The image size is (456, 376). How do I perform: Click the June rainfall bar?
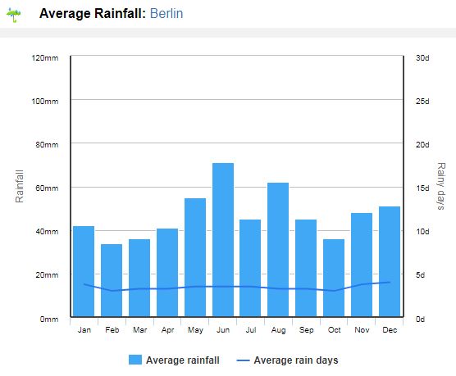pyautogui.click(x=223, y=240)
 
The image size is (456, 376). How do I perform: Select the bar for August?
pyautogui.click(x=278, y=250)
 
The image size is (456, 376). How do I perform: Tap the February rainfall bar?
pyautogui.click(x=112, y=280)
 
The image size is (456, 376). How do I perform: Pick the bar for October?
pyautogui.click(x=334, y=278)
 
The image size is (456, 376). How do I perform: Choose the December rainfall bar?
pyautogui.click(x=390, y=261)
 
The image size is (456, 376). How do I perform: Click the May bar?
pyautogui.click(x=195, y=257)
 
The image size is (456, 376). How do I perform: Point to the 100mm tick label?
pyautogui.click(x=45, y=102)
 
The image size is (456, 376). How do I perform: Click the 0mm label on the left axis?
pyautogui.click(x=49, y=319)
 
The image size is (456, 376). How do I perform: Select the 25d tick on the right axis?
pyautogui.click(x=422, y=102)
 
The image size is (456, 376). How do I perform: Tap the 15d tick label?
pyautogui.click(x=422, y=188)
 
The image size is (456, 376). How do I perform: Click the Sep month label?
pyautogui.click(x=306, y=330)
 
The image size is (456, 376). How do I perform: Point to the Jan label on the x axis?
pyautogui.click(x=84, y=330)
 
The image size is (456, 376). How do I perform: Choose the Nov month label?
pyautogui.click(x=362, y=330)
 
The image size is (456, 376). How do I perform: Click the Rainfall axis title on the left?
pyautogui.click(x=20, y=186)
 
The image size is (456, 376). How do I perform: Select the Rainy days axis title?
pyautogui.click(x=441, y=186)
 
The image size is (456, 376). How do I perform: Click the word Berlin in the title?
pyautogui.click(x=166, y=14)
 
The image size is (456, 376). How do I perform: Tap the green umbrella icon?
pyautogui.click(x=14, y=15)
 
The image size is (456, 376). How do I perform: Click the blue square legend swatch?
pyautogui.click(x=135, y=360)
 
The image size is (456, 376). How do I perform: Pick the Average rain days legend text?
pyautogui.click(x=296, y=360)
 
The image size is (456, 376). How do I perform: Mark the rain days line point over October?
pyautogui.click(x=334, y=291)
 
